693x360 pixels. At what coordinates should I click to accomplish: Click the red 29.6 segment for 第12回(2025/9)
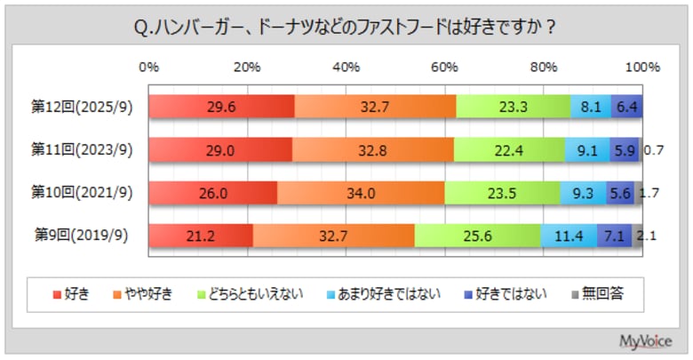(221, 106)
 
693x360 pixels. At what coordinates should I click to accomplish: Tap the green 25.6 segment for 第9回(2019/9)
(477, 236)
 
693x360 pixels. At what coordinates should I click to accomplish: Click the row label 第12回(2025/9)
(82, 106)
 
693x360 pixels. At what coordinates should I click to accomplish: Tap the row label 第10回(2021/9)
(82, 192)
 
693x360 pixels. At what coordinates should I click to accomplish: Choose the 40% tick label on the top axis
(346, 67)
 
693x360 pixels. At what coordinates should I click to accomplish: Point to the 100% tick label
(641, 67)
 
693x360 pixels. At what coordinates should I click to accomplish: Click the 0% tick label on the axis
(149, 67)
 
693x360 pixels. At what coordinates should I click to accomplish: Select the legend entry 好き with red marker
(71, 293)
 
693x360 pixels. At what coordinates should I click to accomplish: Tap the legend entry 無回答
(597, 293)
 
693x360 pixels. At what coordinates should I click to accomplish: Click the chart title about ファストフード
(345, 28)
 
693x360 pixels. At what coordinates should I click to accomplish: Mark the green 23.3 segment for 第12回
(513, 106)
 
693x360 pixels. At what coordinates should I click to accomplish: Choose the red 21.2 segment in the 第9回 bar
(201, 236)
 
